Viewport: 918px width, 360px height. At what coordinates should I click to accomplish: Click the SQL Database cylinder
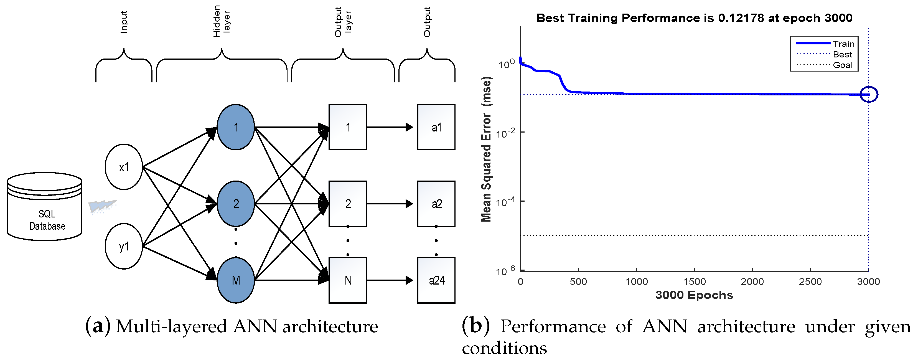(x=45, y=207)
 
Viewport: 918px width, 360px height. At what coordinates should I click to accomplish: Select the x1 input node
(x=124, y=167)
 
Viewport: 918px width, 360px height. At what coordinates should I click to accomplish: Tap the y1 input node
(x=124, y=246)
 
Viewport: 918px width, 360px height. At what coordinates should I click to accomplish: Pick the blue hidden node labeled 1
(x=236, y=127)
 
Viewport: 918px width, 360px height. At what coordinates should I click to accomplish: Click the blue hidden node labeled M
(x=236, y=280)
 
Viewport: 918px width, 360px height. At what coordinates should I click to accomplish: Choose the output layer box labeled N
(x=347, y=280)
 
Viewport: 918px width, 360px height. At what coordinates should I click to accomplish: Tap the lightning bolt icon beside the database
(x=102, y=206)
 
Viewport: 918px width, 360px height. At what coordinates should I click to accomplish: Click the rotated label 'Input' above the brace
(x=124, y=22)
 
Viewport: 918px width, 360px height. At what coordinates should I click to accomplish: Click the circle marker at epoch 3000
(x=869, y=95)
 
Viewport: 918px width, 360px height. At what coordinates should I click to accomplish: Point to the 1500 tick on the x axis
(x=694, y=282)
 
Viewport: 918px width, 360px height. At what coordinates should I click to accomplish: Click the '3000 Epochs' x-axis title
(x=694, y=295)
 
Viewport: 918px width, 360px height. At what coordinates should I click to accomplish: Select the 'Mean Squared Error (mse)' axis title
(x=486, y=149)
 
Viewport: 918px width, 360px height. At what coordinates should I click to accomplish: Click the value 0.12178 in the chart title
(x=741, y=18)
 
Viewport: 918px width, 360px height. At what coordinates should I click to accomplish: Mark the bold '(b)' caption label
(x=476, y=325)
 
